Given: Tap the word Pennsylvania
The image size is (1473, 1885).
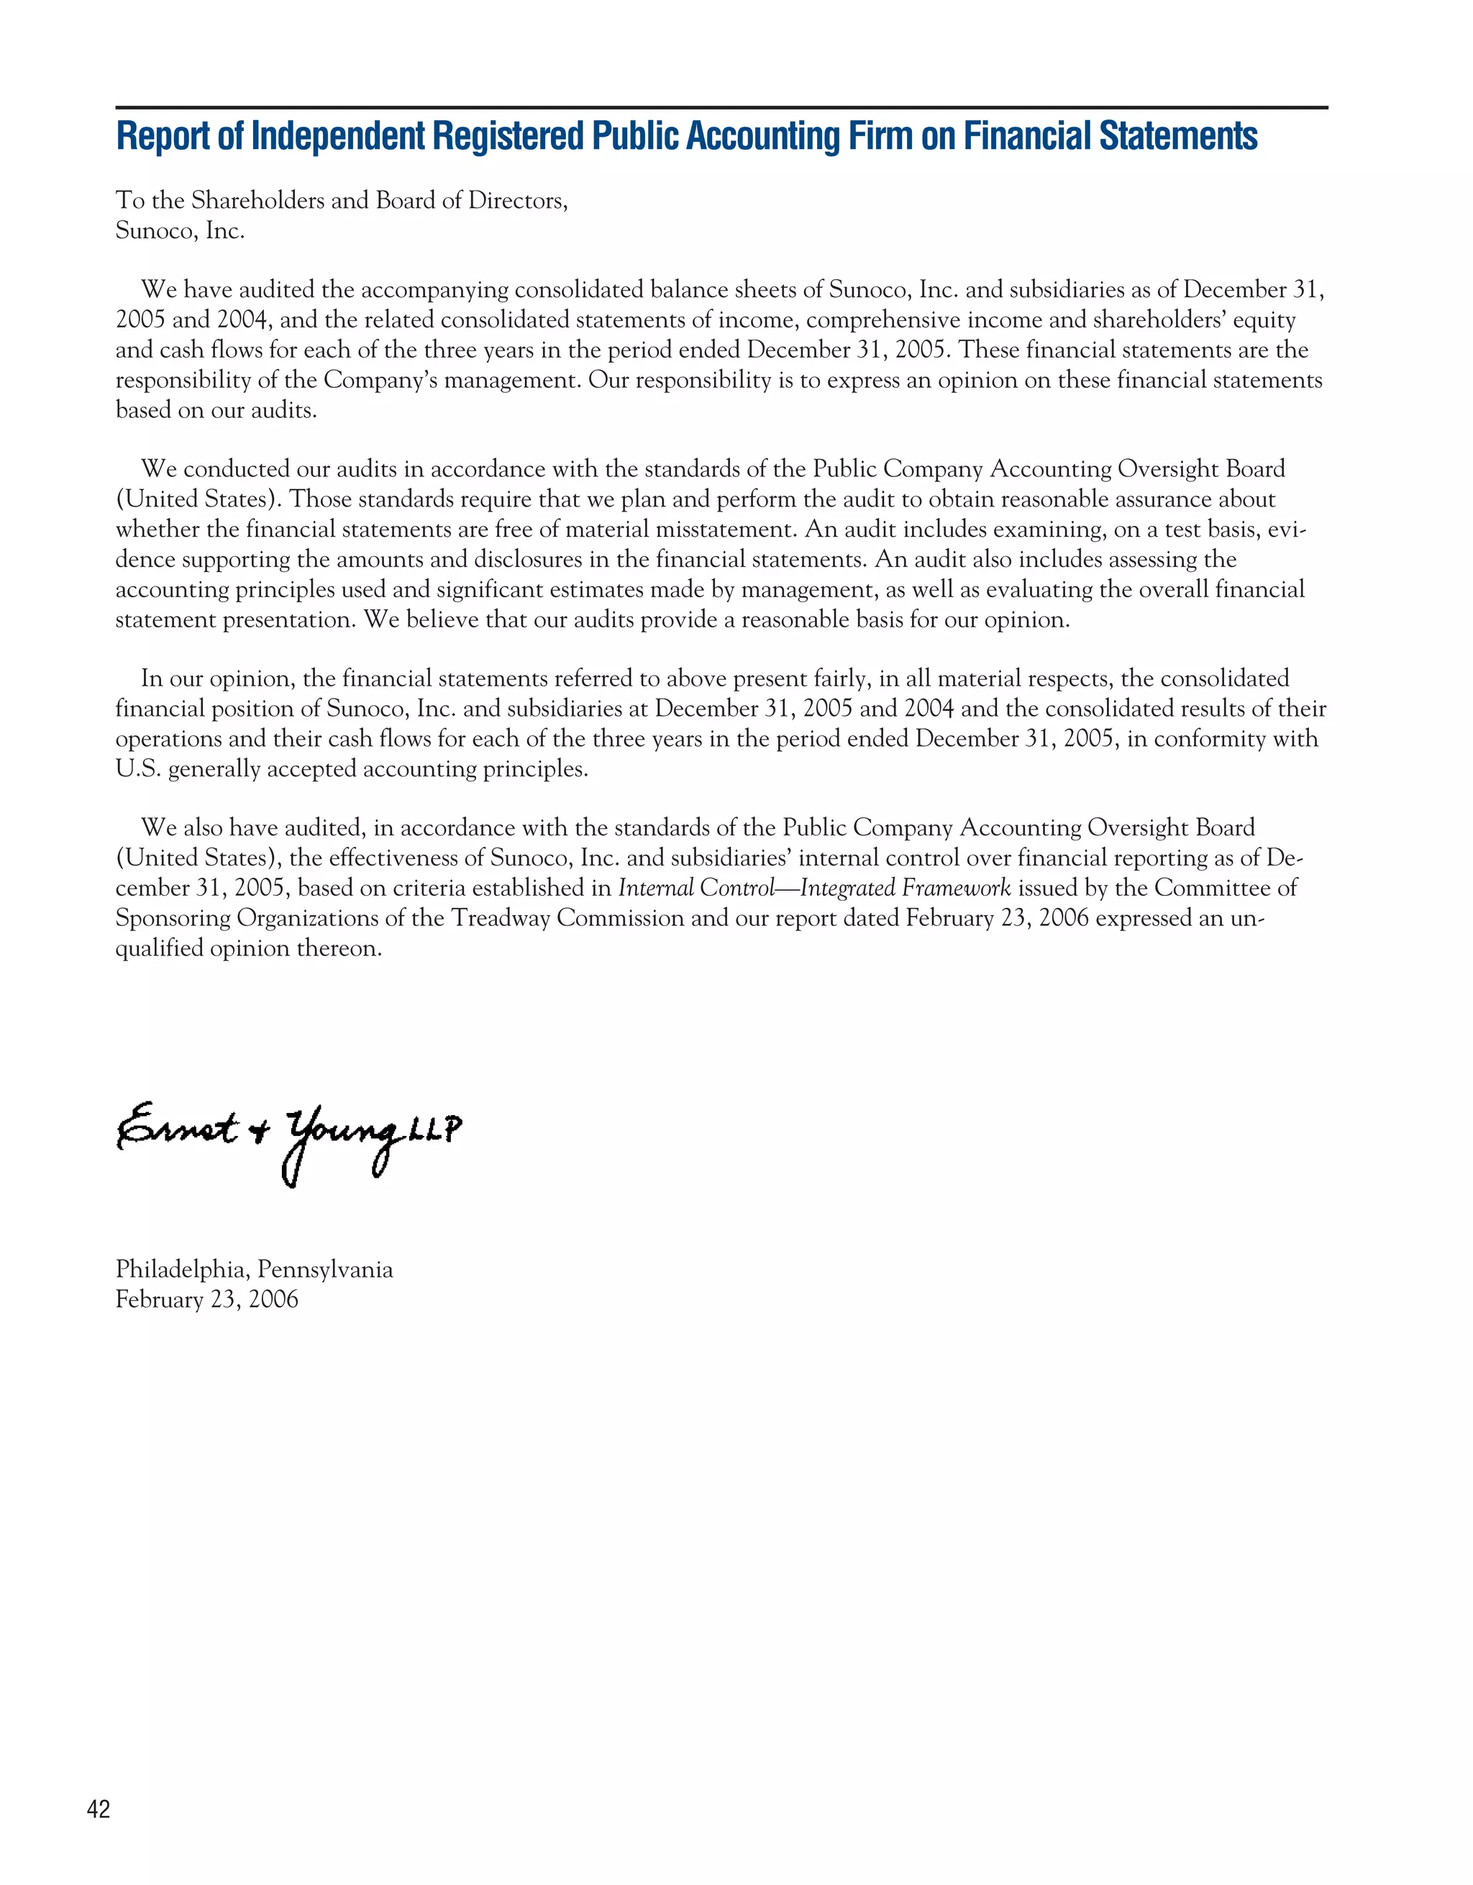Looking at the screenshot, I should (x=325, y=1270).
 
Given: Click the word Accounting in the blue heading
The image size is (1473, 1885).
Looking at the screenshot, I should (x=762, y=137).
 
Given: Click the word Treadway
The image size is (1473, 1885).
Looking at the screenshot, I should (x=501, y=918).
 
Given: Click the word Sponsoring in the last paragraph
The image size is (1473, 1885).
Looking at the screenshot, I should (x=173, y=918).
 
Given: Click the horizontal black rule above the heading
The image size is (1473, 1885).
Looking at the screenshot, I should (x=721, y=108).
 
